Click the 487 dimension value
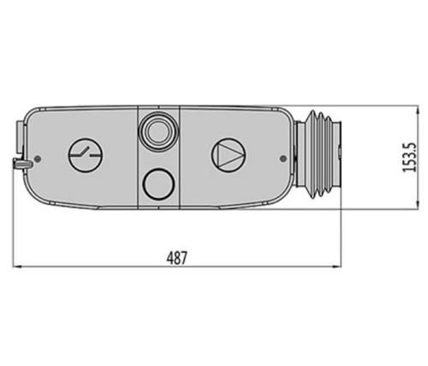click(176, 258)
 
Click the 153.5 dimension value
click(409, 158)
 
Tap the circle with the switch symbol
click(86, 155)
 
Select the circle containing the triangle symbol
click(229, 155)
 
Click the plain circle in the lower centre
click(158, 183)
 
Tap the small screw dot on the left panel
click(37, 159)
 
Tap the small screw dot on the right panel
click(283, 158)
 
